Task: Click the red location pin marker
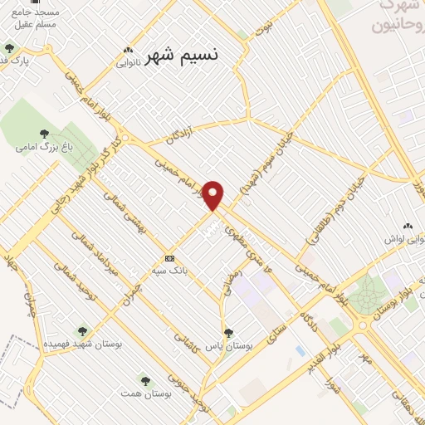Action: (214, 195)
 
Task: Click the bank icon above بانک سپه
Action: (169, 257)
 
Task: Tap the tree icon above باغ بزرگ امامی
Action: (43, 133)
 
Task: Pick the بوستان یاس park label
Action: (228, 345)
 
